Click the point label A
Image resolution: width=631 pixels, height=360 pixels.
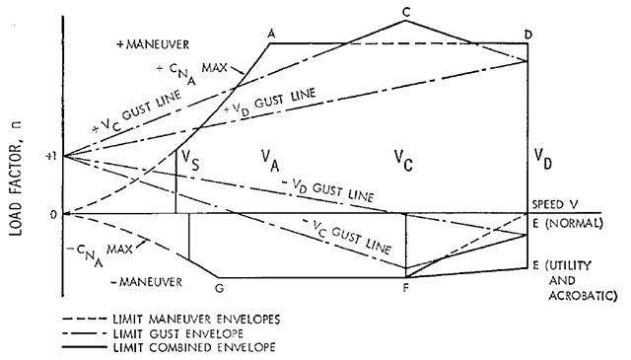point(271,34)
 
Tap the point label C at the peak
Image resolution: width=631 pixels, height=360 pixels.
point(406,11)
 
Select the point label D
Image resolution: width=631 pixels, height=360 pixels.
point(529,36)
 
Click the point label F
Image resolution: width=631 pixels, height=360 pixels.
point(406,289)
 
